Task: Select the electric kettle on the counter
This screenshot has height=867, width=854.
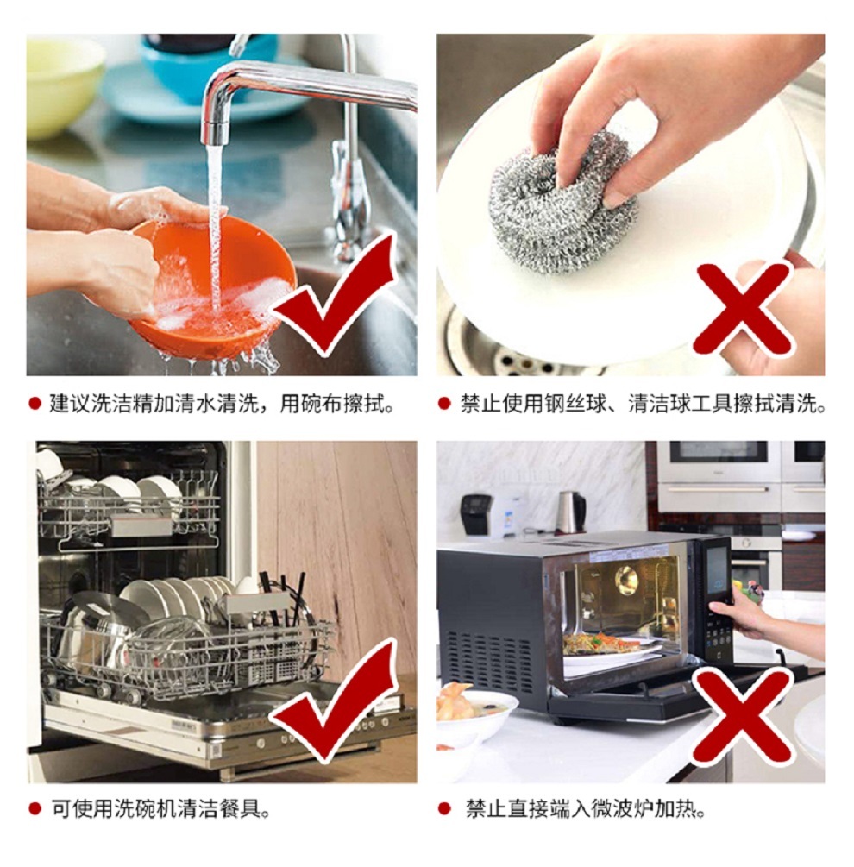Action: tap(570, 512)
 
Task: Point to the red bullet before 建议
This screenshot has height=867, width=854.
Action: tap(35, 404)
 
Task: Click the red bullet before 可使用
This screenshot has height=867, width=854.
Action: tap(35, 809)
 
